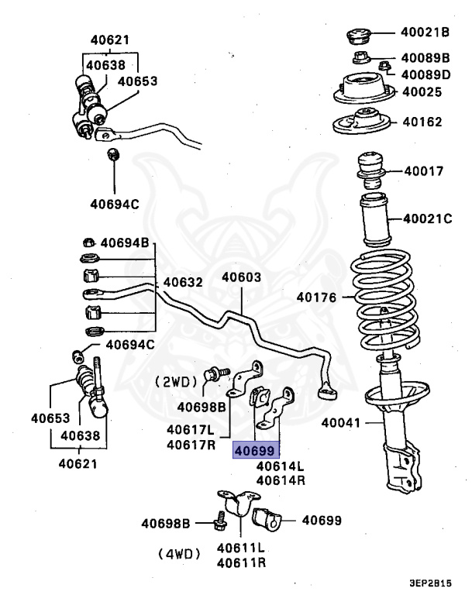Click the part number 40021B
(425, 33)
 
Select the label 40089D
(425, 74)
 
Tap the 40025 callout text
(421, 92)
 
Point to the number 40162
(421, 122)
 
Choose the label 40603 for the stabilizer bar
(241, 277)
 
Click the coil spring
(384, 302)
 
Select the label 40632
(183, 282)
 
